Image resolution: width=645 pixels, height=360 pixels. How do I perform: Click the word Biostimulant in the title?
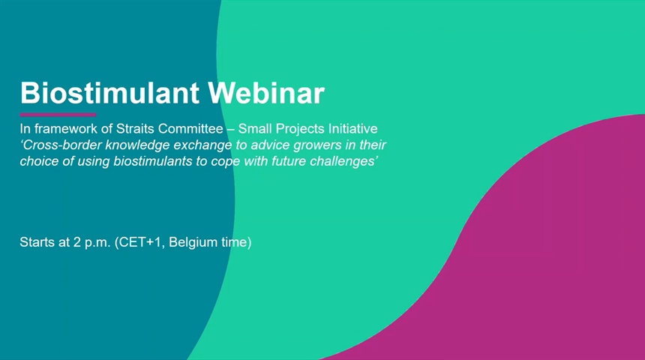coord(109,93)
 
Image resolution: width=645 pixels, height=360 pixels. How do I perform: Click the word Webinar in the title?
coord(266,93)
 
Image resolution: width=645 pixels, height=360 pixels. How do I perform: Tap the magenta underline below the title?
coord(58,115)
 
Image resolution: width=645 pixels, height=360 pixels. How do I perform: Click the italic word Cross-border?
coord(61,145)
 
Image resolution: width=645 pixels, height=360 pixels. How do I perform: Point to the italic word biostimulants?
coord(152,160)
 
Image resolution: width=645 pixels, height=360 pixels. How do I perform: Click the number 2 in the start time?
coord(77,242)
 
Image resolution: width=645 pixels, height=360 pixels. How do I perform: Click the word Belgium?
coord(193,242)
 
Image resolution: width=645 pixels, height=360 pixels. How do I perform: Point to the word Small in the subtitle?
coord(255,129)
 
